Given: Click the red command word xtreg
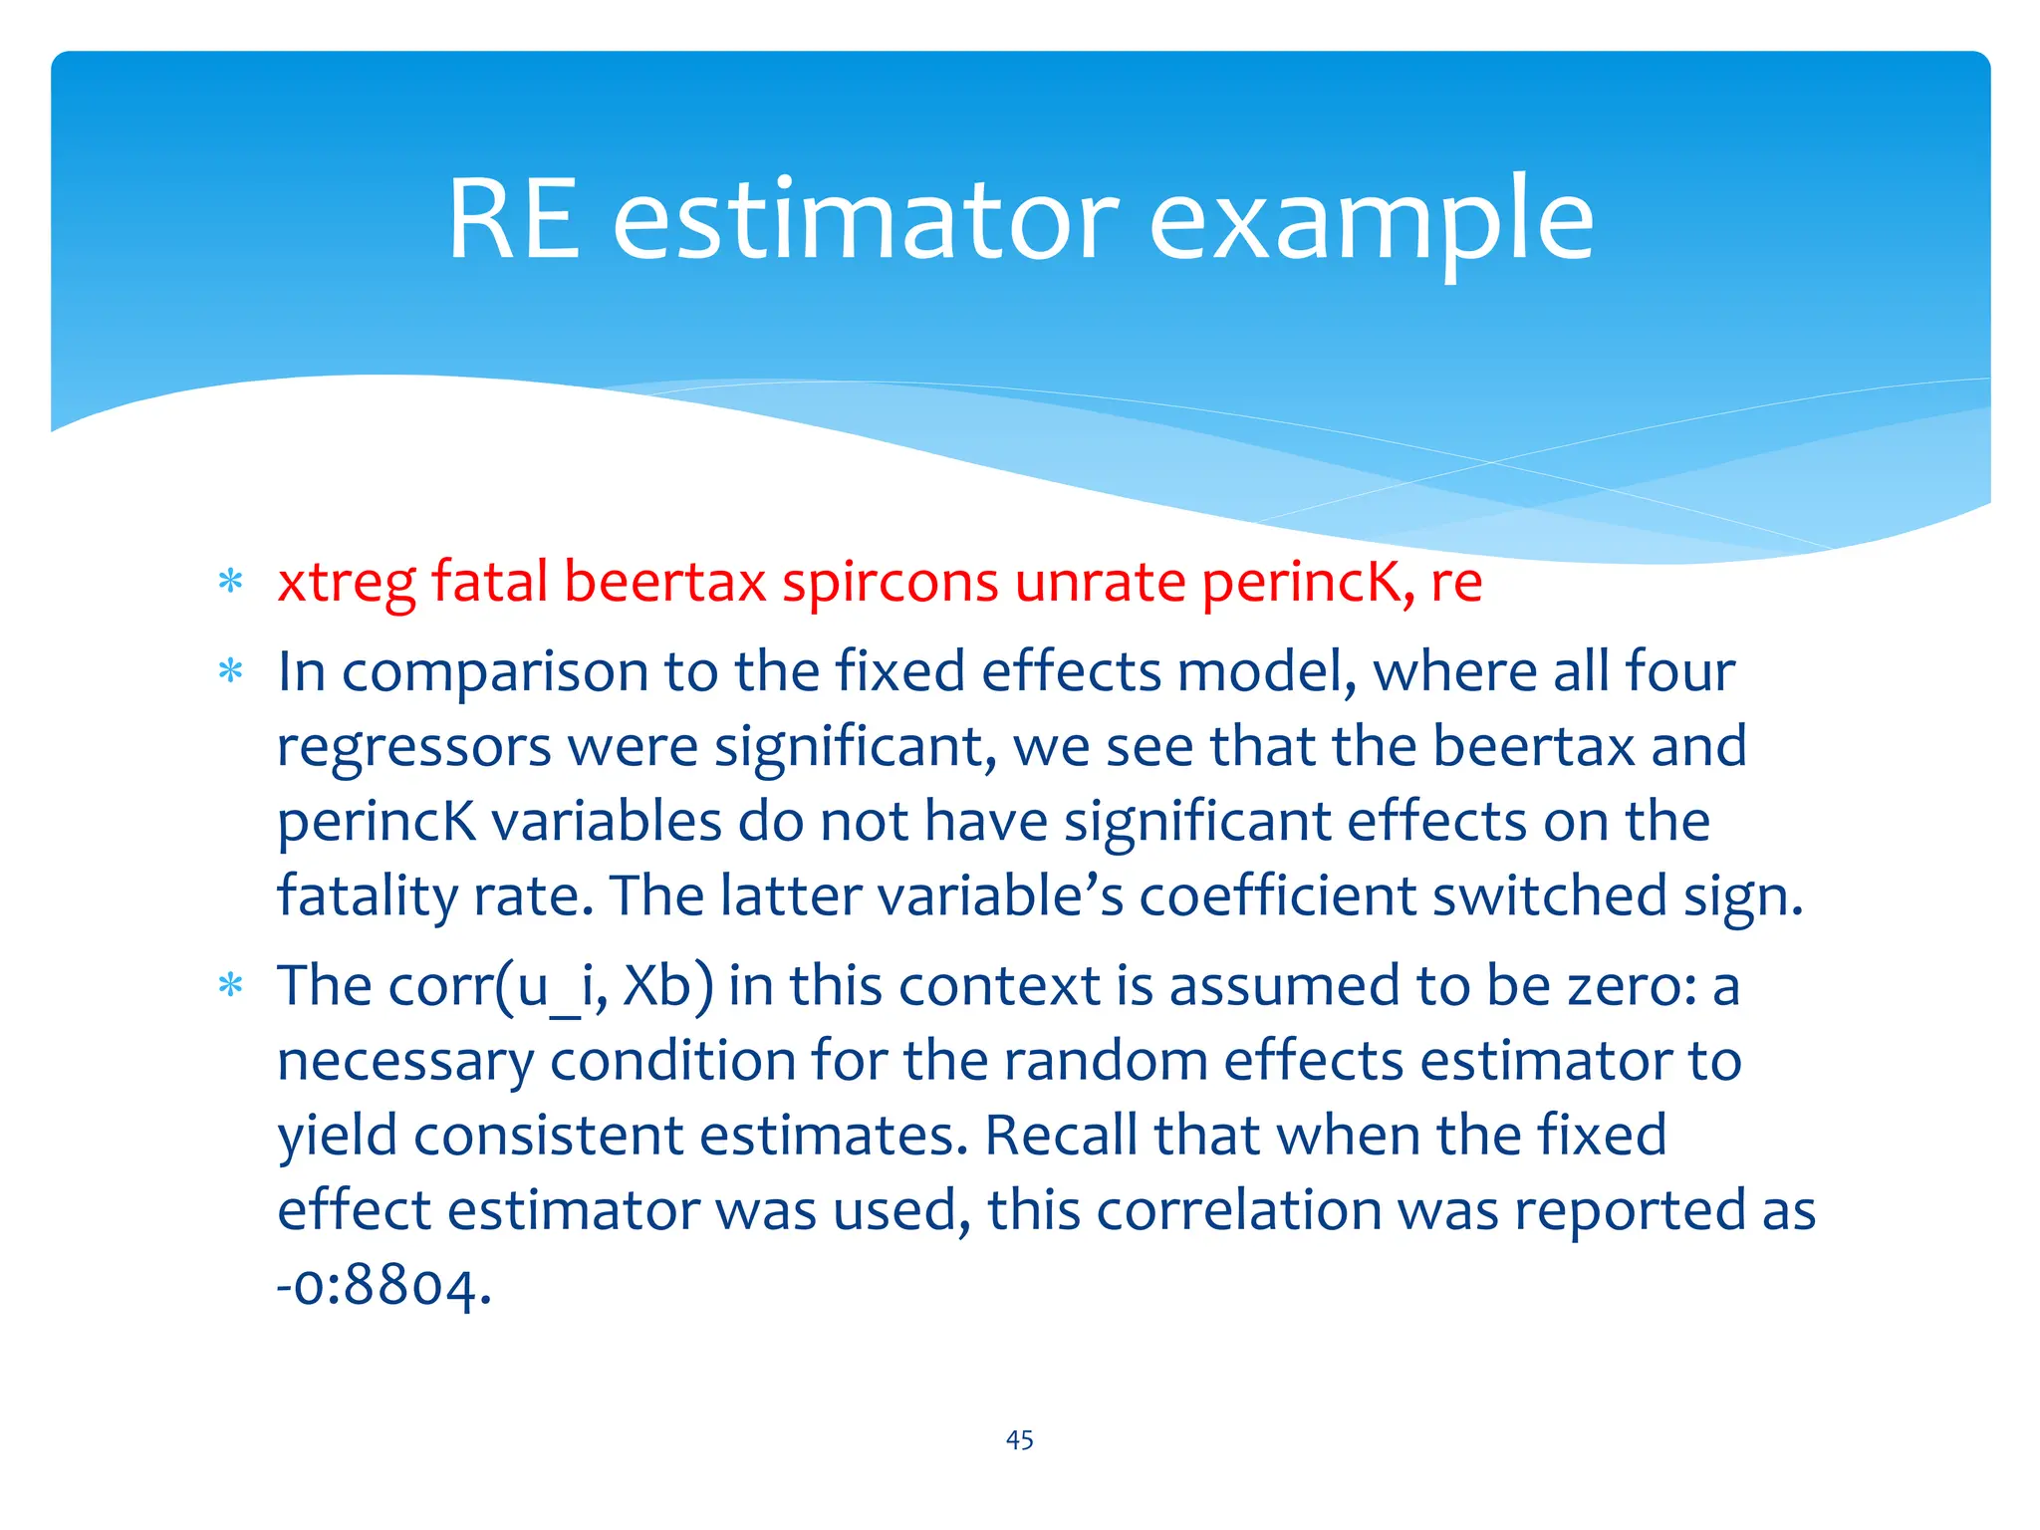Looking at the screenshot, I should pos(346,583).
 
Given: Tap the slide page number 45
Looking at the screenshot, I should pos(1019,1439).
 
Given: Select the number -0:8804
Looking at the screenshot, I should pos(384,1286).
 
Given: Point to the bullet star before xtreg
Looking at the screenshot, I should pos(231,581).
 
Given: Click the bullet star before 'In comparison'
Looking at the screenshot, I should pos(231,670).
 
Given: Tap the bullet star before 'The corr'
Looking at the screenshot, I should pos(231,986).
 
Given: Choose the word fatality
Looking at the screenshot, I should pos(368,896).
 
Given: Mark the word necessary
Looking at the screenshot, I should pos(405,1062).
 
